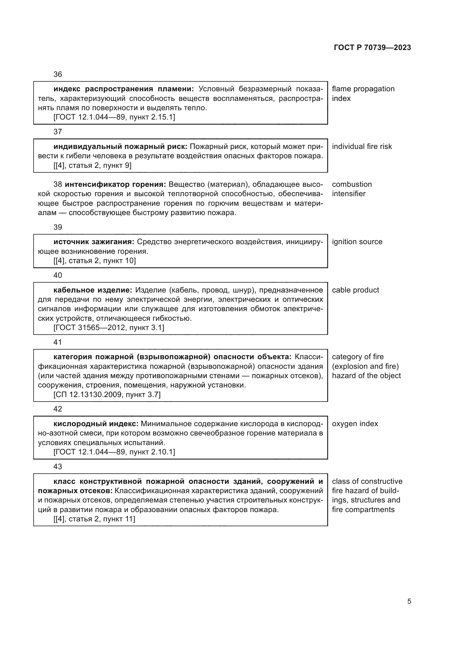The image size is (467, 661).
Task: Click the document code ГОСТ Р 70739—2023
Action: click(372, 47)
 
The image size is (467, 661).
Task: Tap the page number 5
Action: click(409, 601)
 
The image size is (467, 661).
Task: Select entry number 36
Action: click(58, 74)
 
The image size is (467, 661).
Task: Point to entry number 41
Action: click(58, 342)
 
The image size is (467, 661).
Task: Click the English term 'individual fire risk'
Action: click(362, 146)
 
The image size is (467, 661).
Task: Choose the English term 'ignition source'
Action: click(357, 242)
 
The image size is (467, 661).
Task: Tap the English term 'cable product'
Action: click(355, 290)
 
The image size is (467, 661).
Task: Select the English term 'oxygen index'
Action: click(355, 424)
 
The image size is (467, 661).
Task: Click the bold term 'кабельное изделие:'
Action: click(93, 290)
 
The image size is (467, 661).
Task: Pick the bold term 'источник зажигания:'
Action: click(94, 242)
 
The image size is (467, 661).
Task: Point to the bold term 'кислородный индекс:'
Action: click(96, 424)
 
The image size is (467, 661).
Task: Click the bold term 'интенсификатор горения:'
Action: click(115, 184)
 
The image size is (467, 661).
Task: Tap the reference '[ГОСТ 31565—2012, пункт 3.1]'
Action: click(109, 328)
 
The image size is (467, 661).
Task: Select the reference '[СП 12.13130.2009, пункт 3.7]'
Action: click(107, 395)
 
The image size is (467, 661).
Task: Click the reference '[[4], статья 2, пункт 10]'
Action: click(95, 261)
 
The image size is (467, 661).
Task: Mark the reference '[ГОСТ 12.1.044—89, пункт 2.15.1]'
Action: click(114, 117)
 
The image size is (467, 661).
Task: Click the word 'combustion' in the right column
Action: click(352, 184)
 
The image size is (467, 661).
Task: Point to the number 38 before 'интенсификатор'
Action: click(58, 184)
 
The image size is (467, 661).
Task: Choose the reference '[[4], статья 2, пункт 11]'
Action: click(94, 519)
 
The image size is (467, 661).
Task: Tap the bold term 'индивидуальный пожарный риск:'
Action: click(120, 146)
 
